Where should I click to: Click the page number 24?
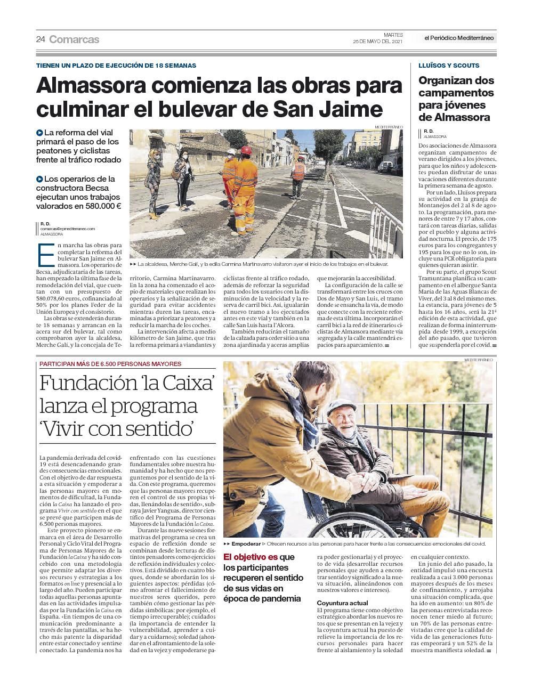41,39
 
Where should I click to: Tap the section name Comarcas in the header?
74,39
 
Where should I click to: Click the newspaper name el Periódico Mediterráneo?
459,38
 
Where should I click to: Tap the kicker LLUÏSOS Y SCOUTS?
449,66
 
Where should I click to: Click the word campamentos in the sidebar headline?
456,93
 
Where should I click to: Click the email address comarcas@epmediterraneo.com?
67,229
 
